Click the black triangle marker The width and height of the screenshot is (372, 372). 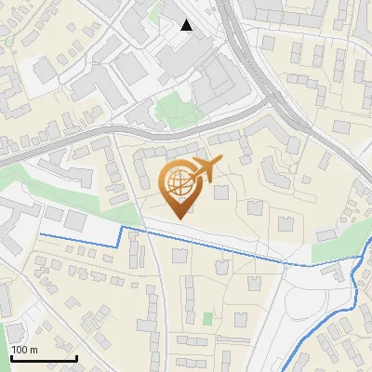coord(187,25)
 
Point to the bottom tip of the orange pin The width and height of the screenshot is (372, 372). coord(178,219)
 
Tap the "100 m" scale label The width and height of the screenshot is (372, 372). coord(24,350)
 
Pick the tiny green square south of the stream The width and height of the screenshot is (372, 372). coord(207,319)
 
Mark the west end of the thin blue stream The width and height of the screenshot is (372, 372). coord(40,232)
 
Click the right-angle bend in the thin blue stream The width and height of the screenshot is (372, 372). coord(122,228)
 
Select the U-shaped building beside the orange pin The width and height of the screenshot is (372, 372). coord(147,167)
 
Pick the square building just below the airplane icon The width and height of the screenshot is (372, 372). coord(221,193)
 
